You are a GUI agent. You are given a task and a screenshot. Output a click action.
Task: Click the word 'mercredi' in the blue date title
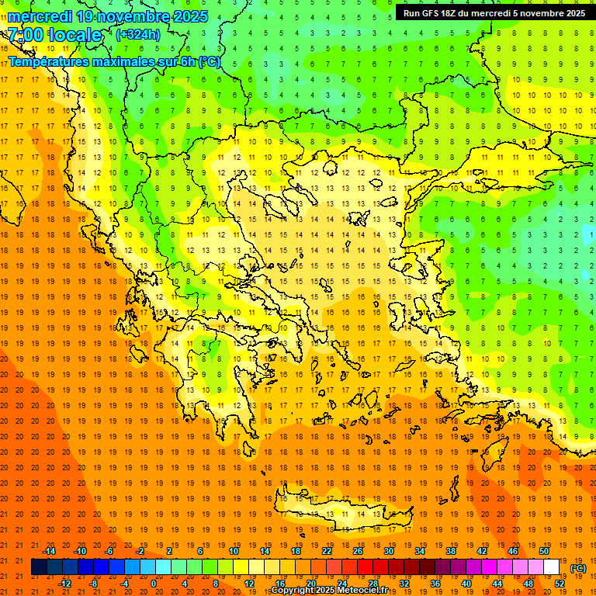[40, 16]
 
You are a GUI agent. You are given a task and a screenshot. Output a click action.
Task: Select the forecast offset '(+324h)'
[138, 34]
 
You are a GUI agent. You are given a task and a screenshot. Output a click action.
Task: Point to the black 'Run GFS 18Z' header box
[494, 13]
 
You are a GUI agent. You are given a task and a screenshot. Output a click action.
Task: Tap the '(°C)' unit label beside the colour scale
[577, 568]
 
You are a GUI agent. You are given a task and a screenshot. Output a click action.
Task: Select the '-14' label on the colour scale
[49, 551]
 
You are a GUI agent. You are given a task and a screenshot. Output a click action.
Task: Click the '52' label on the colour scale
[560, 584]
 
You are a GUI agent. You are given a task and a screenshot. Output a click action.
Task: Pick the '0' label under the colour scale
[153, 584]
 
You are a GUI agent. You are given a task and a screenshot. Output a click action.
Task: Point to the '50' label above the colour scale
[544, 551]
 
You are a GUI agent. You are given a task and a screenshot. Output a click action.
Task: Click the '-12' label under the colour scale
[64, 584]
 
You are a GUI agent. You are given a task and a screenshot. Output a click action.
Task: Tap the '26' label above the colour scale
[358, 551]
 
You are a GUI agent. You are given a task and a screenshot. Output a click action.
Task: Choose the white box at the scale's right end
[552, 567]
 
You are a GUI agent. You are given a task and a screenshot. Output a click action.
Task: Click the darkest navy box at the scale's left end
[39, 567]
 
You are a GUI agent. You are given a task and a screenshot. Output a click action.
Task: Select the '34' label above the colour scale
[420, 551]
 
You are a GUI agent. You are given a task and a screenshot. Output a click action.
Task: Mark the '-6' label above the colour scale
[109, 551]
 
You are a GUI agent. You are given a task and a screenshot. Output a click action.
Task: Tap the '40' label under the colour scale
[466, 584]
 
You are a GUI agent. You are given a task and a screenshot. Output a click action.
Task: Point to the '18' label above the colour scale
[296, 551]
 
